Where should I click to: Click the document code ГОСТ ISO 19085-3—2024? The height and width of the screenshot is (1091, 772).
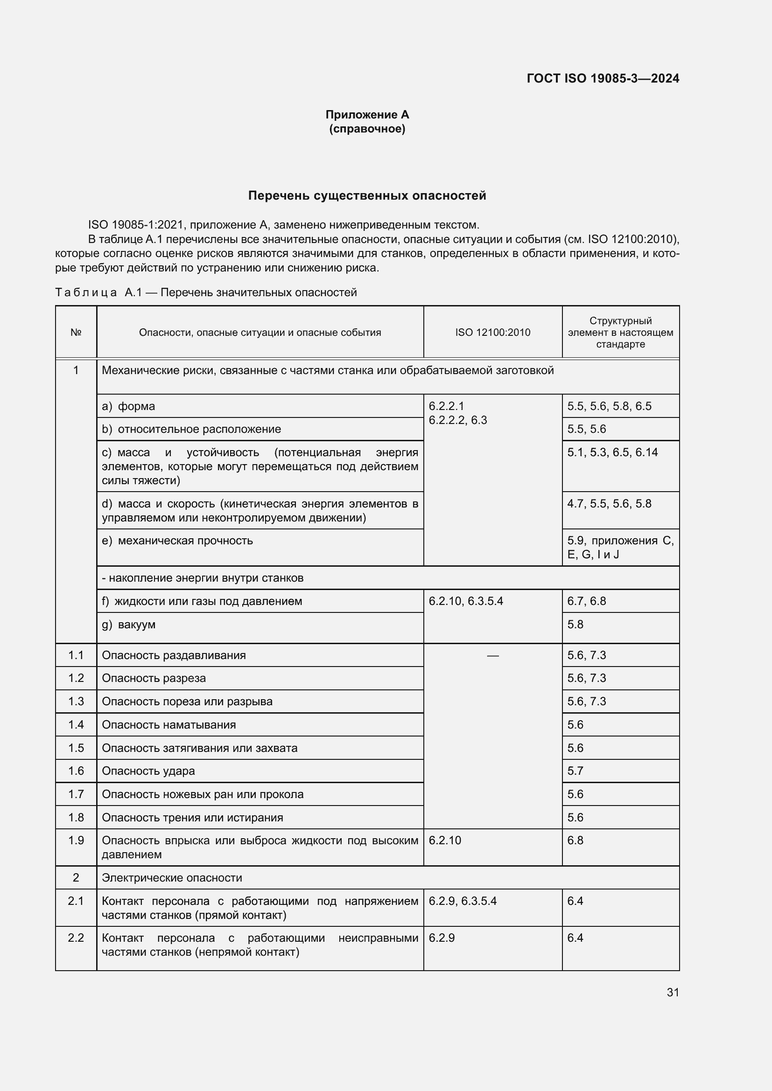coord(603,78)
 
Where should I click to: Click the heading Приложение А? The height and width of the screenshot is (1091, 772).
coord(367,115)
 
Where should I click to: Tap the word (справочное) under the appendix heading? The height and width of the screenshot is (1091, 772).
coord(367,129)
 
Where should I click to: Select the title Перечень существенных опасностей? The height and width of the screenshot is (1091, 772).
coord(367,196)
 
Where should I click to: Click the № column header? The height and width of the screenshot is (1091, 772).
coord(76,332)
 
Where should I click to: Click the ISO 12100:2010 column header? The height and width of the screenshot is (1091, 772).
coord(492,332)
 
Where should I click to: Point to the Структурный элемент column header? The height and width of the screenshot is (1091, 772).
coord(620,332)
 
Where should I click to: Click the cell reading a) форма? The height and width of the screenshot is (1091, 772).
coord(129,406)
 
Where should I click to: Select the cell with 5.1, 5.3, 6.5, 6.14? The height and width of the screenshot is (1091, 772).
coord(612,452)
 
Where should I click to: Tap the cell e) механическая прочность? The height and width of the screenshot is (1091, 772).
coord(178,541)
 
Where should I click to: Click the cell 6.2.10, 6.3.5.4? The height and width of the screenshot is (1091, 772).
coord(465,601)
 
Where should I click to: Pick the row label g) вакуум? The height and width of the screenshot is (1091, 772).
coord(129,625)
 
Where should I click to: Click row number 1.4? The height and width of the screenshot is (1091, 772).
coord(76,725)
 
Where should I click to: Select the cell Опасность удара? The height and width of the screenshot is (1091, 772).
coord(148,771)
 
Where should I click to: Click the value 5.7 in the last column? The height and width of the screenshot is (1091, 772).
coord(575,771)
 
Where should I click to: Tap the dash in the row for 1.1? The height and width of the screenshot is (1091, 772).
coord(492,656)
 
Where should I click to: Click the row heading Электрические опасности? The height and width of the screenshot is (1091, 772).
coord(172,878)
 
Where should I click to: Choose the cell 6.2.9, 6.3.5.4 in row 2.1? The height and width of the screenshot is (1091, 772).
coord(462,901)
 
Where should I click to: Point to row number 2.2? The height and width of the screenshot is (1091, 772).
coord(76,938)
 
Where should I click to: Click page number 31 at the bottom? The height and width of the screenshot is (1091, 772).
coord(673,992)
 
